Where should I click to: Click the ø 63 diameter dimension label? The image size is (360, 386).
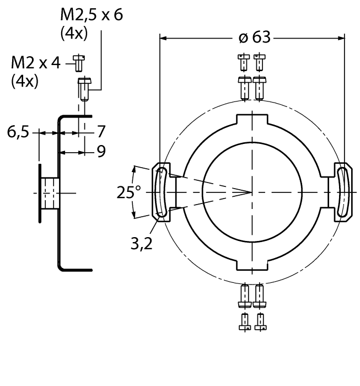(254, 38)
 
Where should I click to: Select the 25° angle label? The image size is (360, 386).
(128, 192)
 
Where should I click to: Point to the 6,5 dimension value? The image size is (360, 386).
(18, 132)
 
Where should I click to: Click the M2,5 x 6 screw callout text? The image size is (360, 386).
(91, 14)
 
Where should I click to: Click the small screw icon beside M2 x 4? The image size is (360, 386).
(79, 63)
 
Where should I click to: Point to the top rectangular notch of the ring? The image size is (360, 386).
(252, 120)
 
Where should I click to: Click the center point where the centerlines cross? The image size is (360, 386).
(252, 192)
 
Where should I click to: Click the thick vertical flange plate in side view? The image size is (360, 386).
(40, 192)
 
